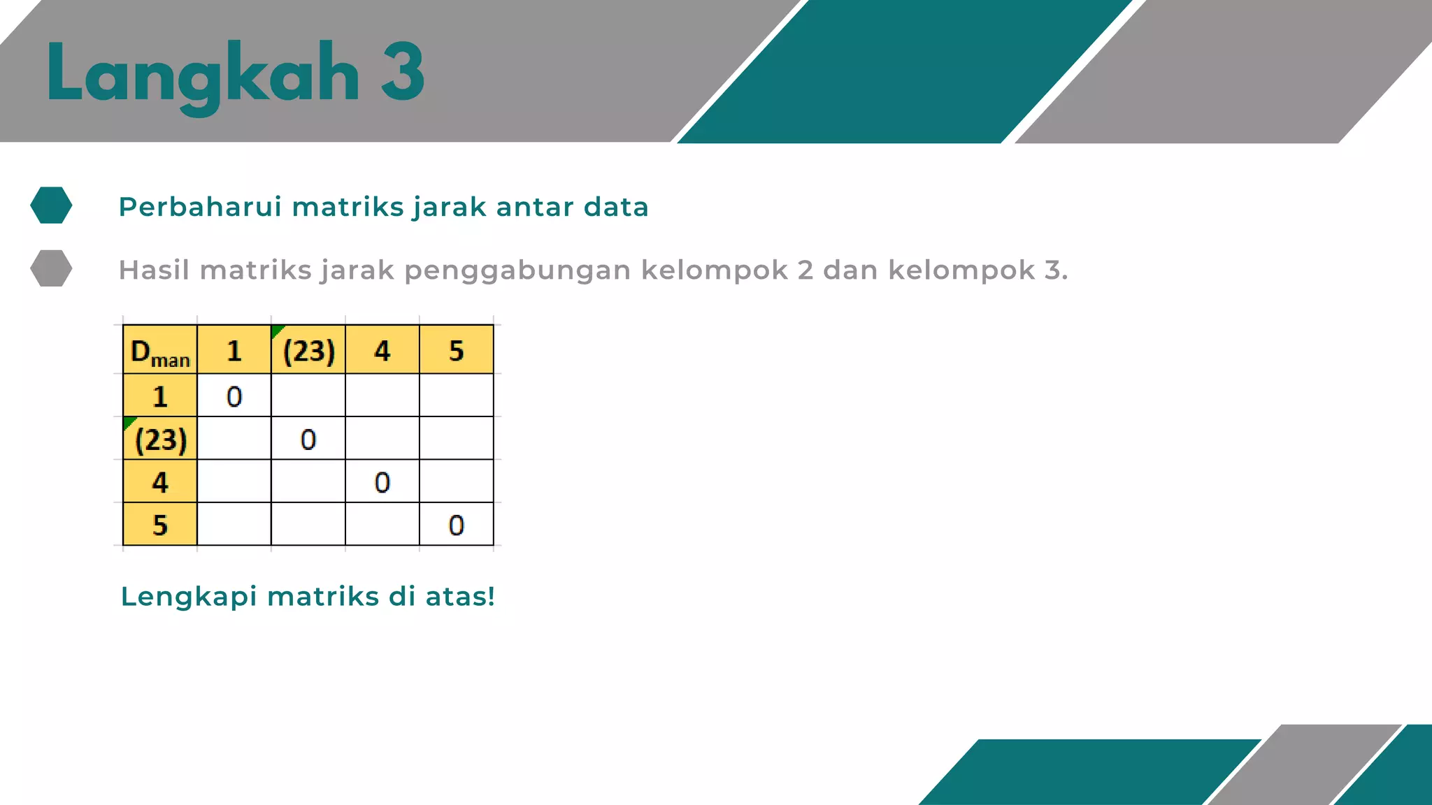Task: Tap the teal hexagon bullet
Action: (x=51, y=205)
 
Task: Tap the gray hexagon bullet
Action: (x=51, y=268)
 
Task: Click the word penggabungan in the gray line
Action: (x=517, y=270)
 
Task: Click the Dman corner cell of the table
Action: (x=160, y=351)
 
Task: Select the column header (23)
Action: (x=308, y=351)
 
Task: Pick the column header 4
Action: (x=382, y=351)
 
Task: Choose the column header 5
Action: (x=456, y=351)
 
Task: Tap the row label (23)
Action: (x=161, y=440)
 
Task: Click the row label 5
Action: (x=160, y=525)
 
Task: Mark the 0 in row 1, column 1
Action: (x=234, y=397)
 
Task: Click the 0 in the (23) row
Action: (x=308, y=440)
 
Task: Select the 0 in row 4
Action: (x=382, y=482)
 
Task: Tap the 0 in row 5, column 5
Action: (x=456, y=525)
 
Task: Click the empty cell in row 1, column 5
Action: (x=456, y=396)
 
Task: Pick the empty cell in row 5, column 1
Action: (x=234, y=524)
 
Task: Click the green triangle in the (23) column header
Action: (x=276, y=330)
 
